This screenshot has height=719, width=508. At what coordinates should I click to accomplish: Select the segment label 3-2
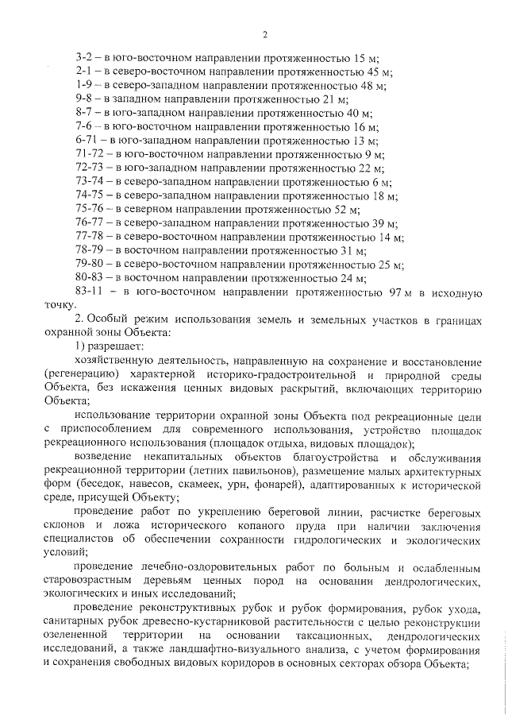point(84,58)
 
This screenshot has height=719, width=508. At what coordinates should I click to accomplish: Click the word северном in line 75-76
point(152,210)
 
